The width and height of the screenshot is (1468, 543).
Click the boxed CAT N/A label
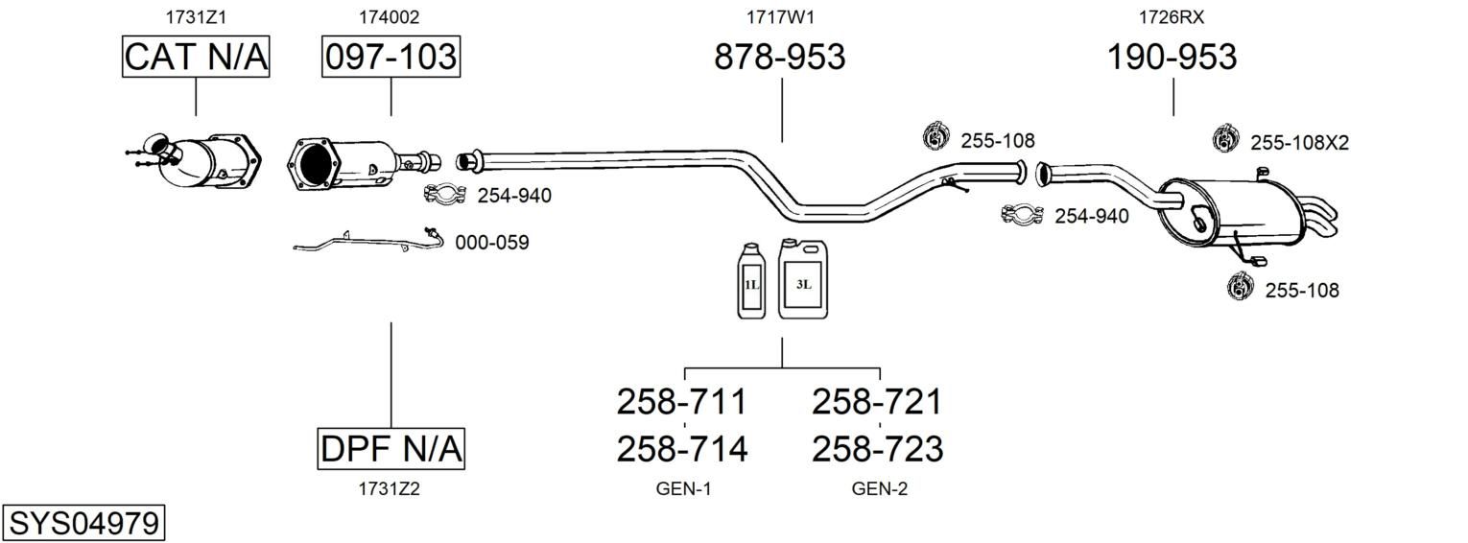[196, 58]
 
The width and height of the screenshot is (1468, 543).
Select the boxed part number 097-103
[391, 58]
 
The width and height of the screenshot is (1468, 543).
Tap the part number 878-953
[779, 58]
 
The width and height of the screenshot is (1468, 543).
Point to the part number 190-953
[1172, 58]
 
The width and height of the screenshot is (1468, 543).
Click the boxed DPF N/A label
[391, 448]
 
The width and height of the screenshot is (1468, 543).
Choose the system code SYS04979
[83, 524]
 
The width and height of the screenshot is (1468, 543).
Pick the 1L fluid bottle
[751, 280]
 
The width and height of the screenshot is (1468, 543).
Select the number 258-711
[681, 401]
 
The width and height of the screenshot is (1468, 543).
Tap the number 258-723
[877, 449]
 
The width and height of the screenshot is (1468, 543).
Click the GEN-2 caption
[879, 489]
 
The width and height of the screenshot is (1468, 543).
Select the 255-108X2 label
[1299, 143]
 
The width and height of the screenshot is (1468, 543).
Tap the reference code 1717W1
[780, 17]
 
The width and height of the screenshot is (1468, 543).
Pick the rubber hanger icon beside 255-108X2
[1225, 139]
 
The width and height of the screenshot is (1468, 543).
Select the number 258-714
[681, 449]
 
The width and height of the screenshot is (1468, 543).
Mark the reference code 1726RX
[1171, 17]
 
